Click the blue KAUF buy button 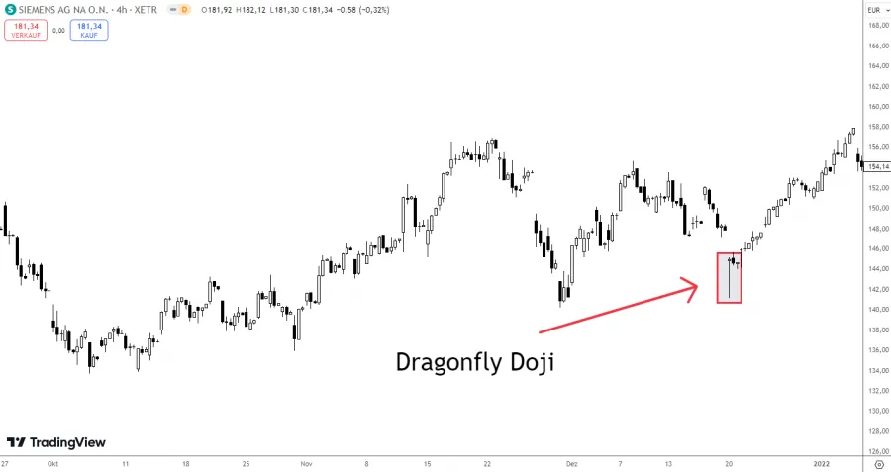[x=89, y=30]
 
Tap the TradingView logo [x=56, y=442]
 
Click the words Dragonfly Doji [x=475, y=362]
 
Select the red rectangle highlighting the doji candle [x=729, y=277]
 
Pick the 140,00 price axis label [x=876, y=310]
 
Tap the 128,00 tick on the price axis [x=876, y=431]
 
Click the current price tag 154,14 [x=877, y=166]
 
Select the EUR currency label [x=874, y=9]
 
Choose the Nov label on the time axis [x=306, y=462]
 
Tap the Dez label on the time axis [x=570, y=462]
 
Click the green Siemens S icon [x=9, y=9]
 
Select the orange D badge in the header [x=183, y=9]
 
